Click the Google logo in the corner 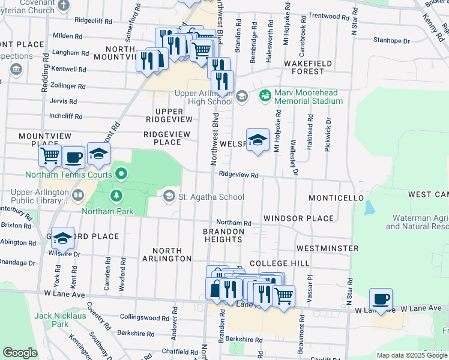(20, 353)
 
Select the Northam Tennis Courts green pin (122, 175)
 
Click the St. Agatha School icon (170, 196)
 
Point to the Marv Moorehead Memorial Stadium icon (265, 95)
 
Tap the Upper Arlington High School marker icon (241, 96)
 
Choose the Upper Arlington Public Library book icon (78, 195)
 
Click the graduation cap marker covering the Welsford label (258, 140)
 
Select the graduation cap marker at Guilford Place (62, 238)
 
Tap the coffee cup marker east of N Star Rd (381, 298)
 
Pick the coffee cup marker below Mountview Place (73, 157)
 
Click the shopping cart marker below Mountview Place (50, 156)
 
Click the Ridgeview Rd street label (238, 175)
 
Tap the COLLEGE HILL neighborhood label (279, 263)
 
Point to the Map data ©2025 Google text (411, 355)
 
